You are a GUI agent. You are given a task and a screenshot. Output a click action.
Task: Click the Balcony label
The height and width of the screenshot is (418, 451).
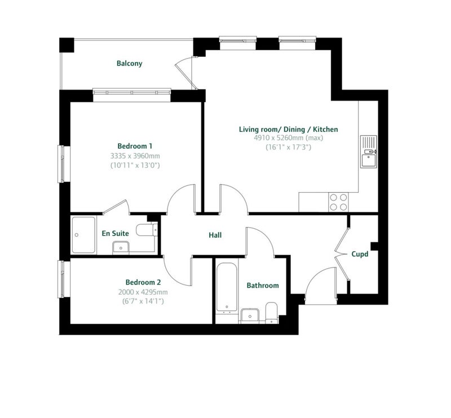click(x=130, y=63)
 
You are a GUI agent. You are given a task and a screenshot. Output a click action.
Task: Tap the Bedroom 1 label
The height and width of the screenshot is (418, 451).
click(x=135, y=146)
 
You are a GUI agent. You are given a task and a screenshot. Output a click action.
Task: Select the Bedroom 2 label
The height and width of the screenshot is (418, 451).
click(x=143, y=282)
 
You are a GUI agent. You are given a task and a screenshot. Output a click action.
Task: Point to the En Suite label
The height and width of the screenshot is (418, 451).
click(x=116, y=233)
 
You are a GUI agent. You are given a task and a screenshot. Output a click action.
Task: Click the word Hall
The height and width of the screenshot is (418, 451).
click(x=215, y=235)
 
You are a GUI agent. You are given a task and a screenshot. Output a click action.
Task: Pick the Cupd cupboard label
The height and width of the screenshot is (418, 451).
click(x=360, y=254)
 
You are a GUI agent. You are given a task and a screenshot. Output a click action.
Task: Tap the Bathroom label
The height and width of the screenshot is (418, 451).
click(x=263, y=286)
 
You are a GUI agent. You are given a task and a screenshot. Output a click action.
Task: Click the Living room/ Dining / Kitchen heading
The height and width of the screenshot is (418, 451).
click(x=289, y=130)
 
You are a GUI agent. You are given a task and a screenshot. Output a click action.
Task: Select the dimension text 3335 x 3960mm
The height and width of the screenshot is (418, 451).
click(x=135, y=156)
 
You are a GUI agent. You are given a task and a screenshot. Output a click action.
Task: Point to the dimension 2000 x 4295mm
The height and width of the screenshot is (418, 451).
click(x=143, y=292)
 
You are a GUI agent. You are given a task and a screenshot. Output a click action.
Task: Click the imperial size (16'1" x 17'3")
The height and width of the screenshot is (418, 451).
click(x=288, y=148)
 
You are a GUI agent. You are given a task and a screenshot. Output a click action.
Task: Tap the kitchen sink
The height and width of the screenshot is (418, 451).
click(x=369, y=152)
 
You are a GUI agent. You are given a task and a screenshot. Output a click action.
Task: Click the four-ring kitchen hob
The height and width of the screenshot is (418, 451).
click(x=339, y=202)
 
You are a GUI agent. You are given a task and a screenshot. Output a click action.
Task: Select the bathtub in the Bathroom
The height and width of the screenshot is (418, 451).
click(x=227, y=288)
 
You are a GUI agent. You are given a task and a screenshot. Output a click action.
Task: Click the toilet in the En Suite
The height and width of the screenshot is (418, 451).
click(x=147, y=230)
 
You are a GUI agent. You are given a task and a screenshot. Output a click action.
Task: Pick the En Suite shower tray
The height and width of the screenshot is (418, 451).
click(x=83, y=235)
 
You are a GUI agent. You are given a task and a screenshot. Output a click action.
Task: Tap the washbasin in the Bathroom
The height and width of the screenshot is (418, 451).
click(x=250, y=315)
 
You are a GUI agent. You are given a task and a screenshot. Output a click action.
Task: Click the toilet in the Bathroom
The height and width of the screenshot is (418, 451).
click(x=271, y=313)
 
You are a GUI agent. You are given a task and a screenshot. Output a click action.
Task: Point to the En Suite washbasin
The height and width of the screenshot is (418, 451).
click(x=121, y=248)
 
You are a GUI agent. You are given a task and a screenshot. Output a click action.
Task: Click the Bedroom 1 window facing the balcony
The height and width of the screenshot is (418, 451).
click(x=132, y=92)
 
